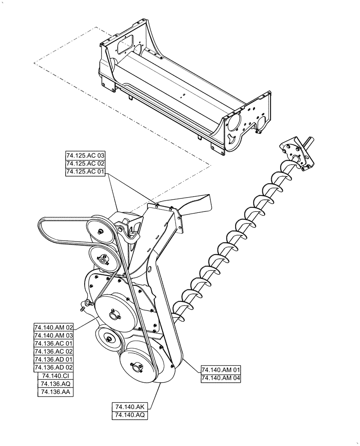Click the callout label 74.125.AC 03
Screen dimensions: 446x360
click(x=85, y=156)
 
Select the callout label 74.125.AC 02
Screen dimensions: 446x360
click(x=85, y=164)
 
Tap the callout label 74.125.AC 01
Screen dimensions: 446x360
click(x=85, y=172)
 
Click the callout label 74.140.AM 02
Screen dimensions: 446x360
click(x=54, y=327)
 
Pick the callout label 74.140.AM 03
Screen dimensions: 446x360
click(x=54, y=335)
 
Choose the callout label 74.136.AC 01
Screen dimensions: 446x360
click(x=54, y=343)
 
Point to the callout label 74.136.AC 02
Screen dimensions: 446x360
click(x=54, y=351)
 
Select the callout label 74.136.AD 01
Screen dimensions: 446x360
click(x=54, y=359)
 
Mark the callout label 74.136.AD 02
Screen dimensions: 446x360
click(x=54, y=368)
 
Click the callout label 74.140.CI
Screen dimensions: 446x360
click(x=56, y=376)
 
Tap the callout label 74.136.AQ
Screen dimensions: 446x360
click(x=56, y=384)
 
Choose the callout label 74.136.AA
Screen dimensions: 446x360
click(x=56, y=392)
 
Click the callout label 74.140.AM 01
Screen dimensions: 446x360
click(x=221, y=370)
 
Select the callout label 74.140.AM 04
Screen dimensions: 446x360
click(x=221, y=378)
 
